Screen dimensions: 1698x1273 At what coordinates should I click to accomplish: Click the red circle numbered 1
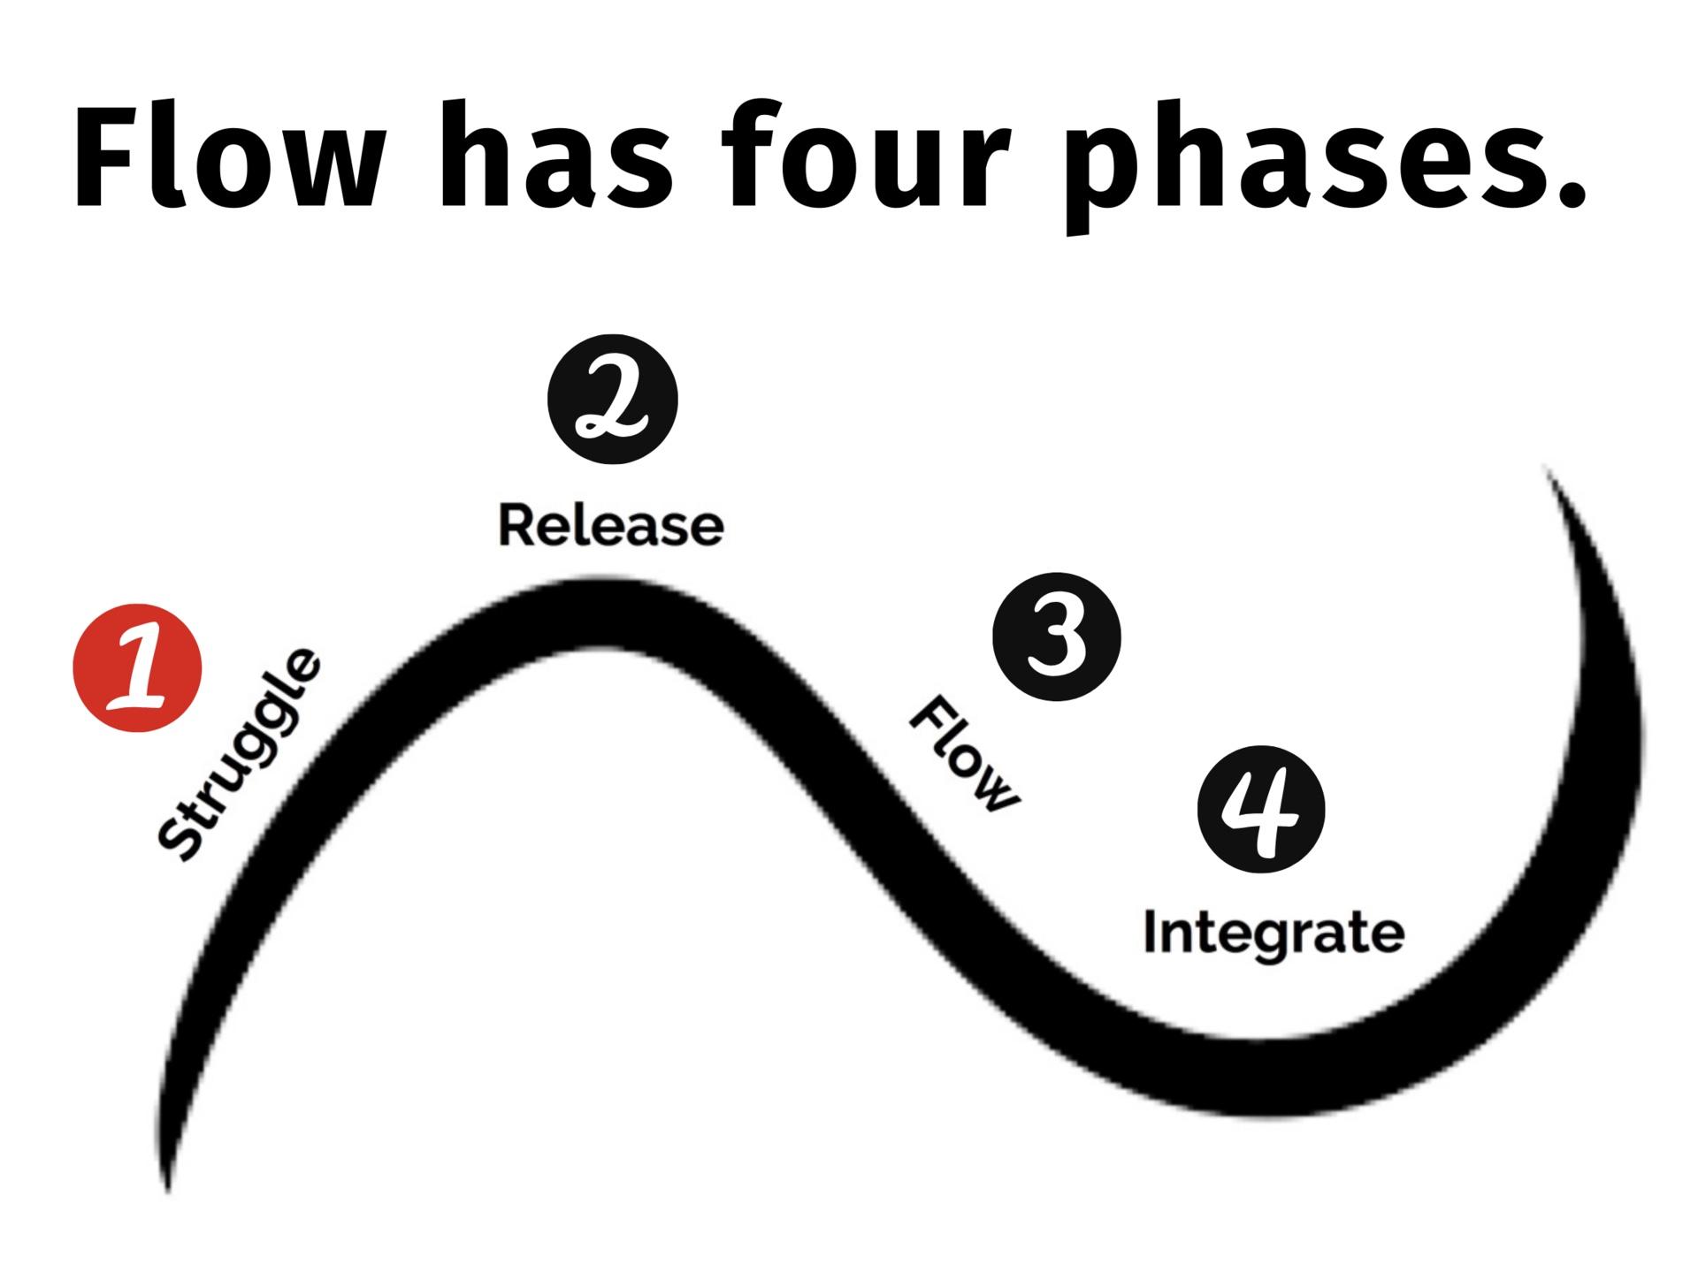(x=137, y=667)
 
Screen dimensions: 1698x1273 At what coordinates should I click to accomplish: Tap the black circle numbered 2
(x=612, y=399)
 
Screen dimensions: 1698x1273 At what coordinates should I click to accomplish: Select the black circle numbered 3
(x=1057, y=636)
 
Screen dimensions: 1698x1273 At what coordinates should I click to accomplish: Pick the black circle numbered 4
(x=1261, y=809)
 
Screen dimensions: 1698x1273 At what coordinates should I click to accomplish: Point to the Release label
(x=611, y=525)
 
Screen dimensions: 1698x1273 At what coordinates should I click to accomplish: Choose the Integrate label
(x=1273, y=934)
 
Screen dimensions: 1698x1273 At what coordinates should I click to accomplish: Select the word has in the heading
(x=557, y=159)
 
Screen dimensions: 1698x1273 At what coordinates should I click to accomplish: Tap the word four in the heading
(x=871, y=159)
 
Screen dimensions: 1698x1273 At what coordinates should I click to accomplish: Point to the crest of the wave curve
(x=610, y=614)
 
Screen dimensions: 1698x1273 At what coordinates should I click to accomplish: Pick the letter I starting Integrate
(x=1151, y=932)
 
